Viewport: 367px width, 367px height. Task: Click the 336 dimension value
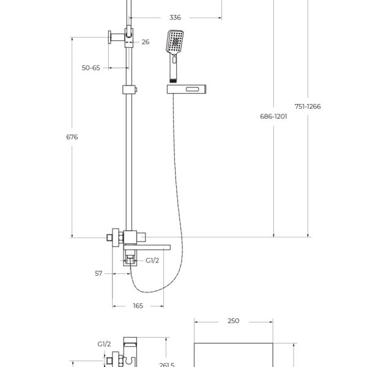(x=175, y=18)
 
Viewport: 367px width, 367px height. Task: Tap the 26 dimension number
(x=146, y=42)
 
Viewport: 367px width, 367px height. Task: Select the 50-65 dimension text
(x=91, y=68)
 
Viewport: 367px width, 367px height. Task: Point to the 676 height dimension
(x=72, y=137)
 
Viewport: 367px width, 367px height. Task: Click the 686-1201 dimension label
(x=273, y=116)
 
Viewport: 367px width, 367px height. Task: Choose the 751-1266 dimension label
(x=308, y=106)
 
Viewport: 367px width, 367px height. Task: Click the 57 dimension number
(x=98, y=273)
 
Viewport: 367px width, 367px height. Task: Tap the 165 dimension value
(x=138, y=306)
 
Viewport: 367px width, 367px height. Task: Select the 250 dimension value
(x=234, y=321)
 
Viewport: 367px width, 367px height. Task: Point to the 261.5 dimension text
(x=166, y=365)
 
